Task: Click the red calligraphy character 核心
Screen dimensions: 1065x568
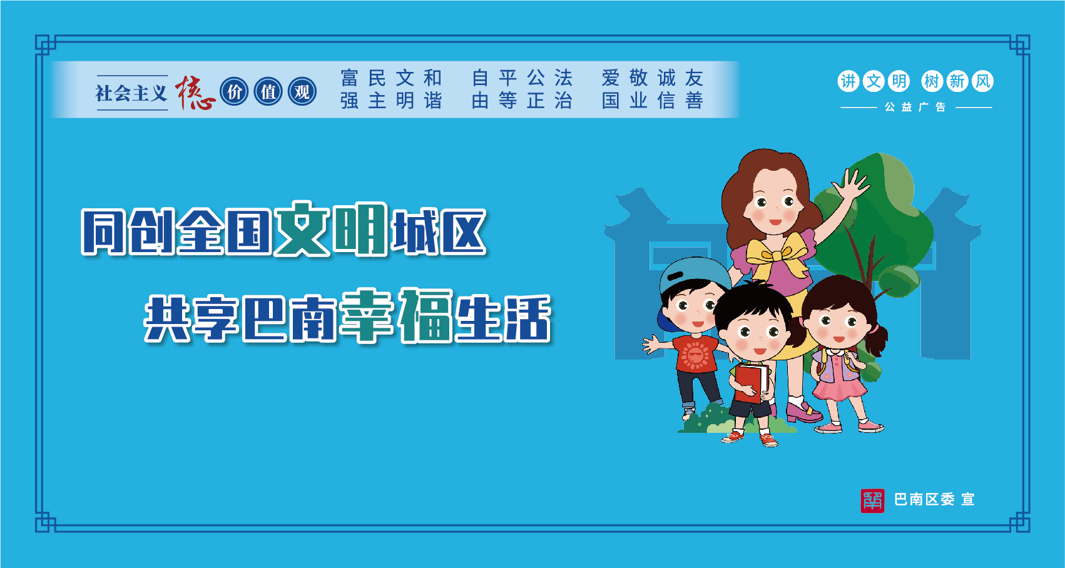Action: coord(195,93)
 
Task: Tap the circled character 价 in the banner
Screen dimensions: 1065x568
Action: coord(235,92)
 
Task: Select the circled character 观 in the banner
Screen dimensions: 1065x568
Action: coord(302,92)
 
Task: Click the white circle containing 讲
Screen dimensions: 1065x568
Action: coord(848,81)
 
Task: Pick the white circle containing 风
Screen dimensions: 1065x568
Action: coord(982,81)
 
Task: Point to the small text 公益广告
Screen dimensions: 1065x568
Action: coord(915,108)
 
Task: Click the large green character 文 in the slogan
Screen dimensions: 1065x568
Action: coord(302,229)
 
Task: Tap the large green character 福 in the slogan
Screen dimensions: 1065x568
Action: coord(425,315)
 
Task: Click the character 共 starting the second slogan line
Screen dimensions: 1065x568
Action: coord(167,318)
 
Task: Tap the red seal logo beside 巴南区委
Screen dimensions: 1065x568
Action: coord(872,500)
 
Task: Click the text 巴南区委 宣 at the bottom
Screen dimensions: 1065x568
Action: coord(934,500)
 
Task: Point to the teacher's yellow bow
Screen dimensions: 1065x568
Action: coord(777,256)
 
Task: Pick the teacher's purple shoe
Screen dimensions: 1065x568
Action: coord(803,412)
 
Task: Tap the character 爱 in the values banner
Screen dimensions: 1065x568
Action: coord(611,78)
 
